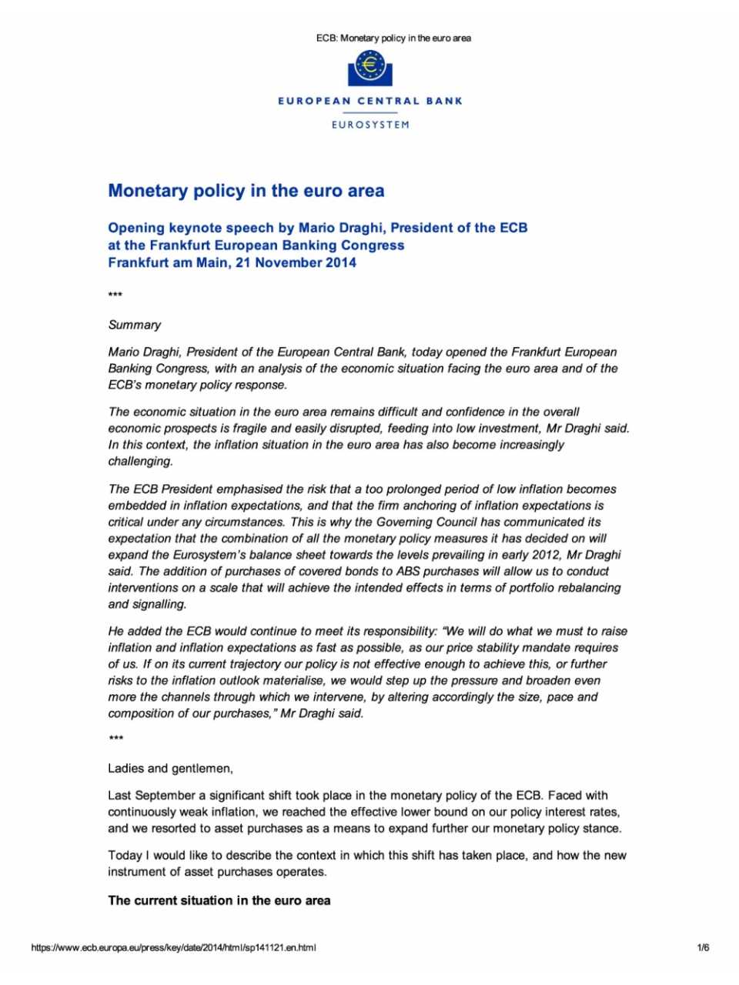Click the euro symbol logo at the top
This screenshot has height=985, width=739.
pyautogui.click(x=370, y=68)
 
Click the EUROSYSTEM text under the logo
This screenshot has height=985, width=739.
pyautogui.click(x=370, y=125)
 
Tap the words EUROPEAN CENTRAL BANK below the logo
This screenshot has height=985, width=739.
pyautogui.click(x=370, y=101)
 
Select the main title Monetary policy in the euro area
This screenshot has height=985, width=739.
pyautogui.click(x=246, y=191)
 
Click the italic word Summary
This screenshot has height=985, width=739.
pyautogui.click(x=135, y=325)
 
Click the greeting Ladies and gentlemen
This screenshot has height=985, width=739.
pyautogui.click(x=170, y=768)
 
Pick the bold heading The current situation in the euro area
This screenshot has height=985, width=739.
pyautogui.click(x=219, y=900)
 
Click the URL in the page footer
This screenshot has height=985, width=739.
pyautogui.click(x=173, y=947)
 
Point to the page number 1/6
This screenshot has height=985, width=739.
pyautogui.click(x=703, y=947)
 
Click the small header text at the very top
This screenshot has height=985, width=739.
pyautogui.click(x=393, y=38)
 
